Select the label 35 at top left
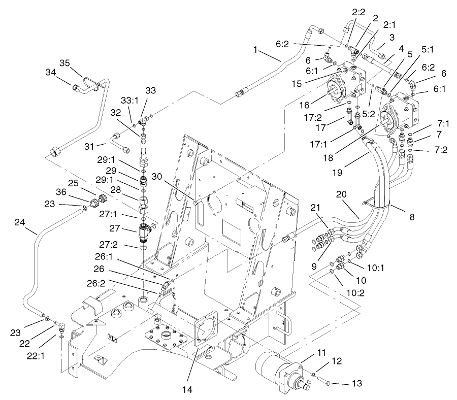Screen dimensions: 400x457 pos(64,63)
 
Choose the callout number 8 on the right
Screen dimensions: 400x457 pos(411,217)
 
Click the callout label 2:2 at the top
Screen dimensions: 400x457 pos(358,11)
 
